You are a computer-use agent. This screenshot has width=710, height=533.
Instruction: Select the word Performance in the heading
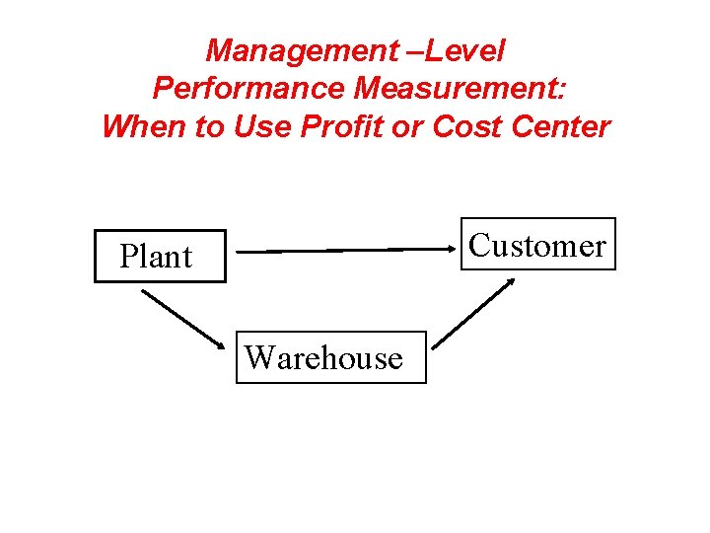(x=248, y=89)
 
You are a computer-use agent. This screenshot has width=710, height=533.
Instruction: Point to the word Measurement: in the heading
(x=461, y=89)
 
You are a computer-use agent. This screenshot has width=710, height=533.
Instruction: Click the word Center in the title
(x=563, y=127)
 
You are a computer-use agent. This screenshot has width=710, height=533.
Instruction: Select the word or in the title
(x=410, y=127)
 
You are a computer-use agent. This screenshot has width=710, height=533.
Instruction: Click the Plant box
(x=159, y=256)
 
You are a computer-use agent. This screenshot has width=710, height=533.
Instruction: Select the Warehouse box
(x=330, y=356)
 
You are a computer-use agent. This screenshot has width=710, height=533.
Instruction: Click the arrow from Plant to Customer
(x=345, y=251)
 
